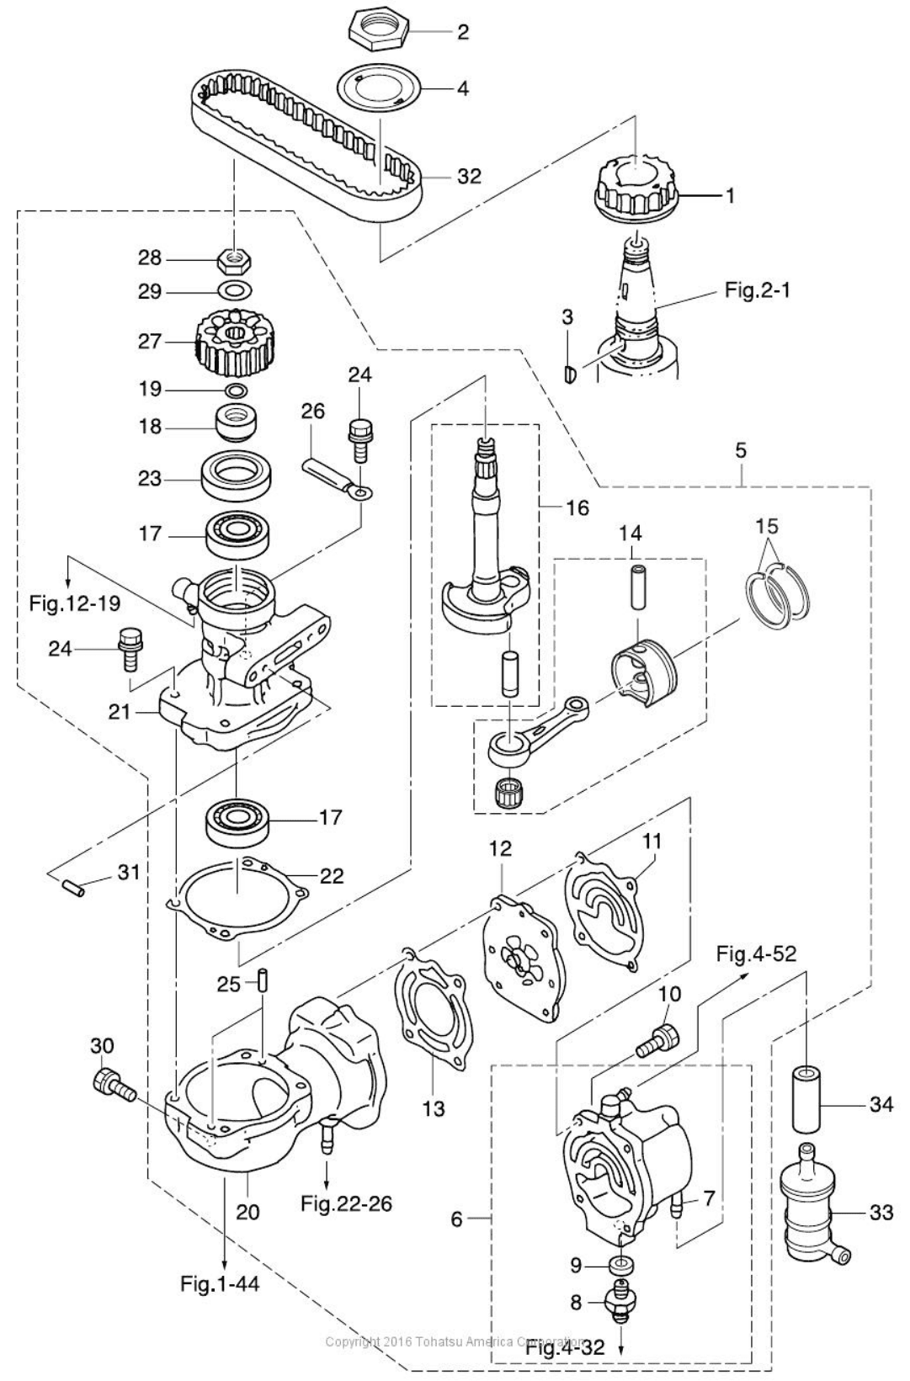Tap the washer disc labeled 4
click(x=378, y=88)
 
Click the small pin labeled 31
click(x=72, y=885)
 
